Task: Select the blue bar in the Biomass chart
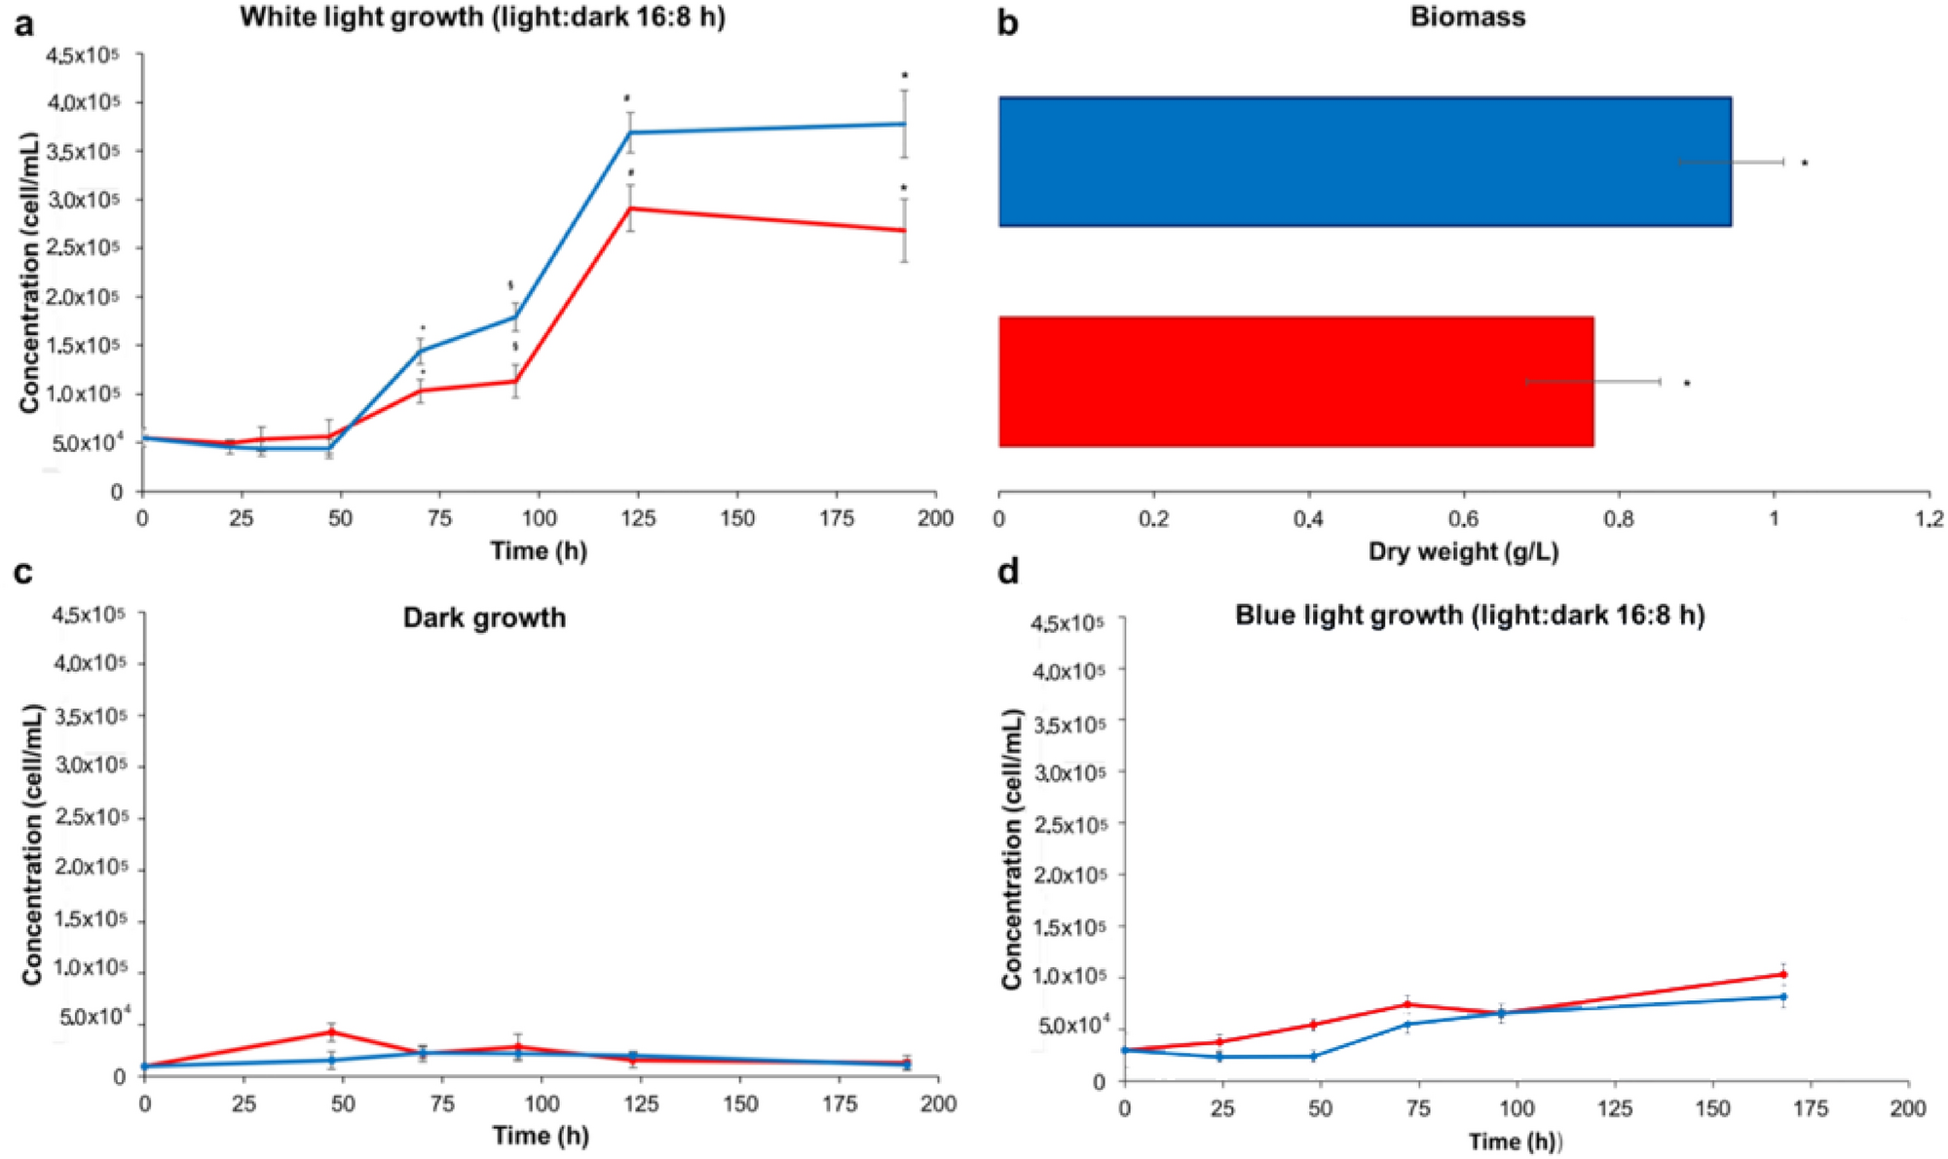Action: coord(1364,162)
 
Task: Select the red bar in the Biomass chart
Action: coord(1295,382)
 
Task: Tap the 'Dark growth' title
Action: coord(484,617)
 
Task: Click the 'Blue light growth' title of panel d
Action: coord(1469,616)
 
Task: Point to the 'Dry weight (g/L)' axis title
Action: coord(1463,552)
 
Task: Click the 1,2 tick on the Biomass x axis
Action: coord(1929,519)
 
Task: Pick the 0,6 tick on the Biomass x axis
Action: coord(1463,519)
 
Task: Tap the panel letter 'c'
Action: coord(22,573)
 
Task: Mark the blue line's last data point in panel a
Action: coord(904,124)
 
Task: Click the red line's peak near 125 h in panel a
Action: coord(631,207)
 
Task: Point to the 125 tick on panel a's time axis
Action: coord(638,518)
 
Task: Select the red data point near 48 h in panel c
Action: coord(332,1032)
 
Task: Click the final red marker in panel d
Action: coord(1783,974)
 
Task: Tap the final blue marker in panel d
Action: coord(1783,996)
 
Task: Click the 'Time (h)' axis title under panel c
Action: coord(541,1136)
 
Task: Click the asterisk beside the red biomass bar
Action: coord(1687,384)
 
